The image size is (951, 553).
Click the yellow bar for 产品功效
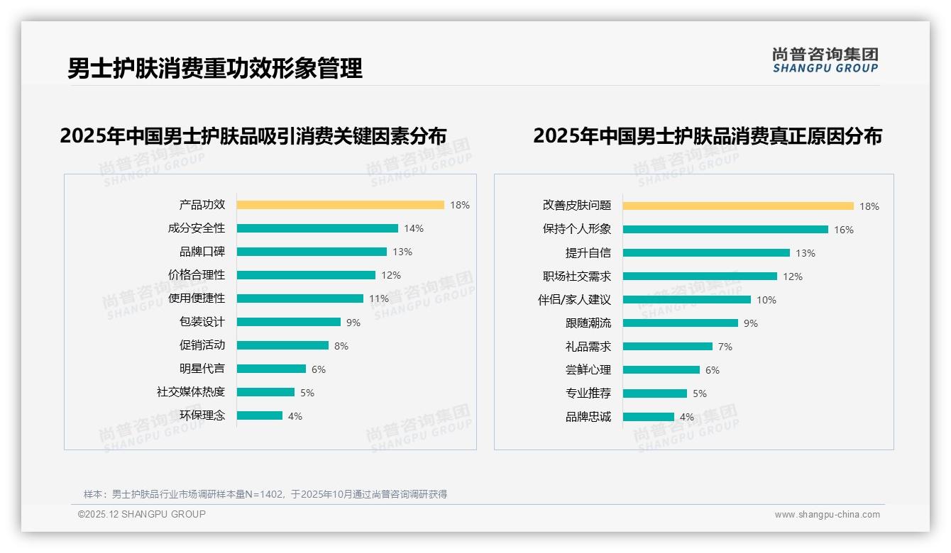coord(340,205)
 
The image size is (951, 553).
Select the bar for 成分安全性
coord(317,228)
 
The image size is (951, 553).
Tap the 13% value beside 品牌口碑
coord(402,252)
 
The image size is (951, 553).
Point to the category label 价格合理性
coord(197,275)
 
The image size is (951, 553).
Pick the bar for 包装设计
coord(289,322)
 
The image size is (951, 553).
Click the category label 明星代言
coord(202,369)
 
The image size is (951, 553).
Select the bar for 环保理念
coord(260,415)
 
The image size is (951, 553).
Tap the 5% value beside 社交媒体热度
coord(307,393)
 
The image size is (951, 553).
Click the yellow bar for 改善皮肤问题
coord(738,206)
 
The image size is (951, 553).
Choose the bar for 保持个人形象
coord(725,230)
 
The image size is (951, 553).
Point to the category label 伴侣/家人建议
coord(574,300)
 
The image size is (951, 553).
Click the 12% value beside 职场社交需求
coord(793,276)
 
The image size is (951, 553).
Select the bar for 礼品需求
coord(668,347)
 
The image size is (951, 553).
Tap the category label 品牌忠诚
coord(588,417)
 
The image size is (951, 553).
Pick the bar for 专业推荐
coord(655,393)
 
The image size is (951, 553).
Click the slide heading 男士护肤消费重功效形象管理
coord(215,68)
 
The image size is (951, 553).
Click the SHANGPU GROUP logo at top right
coord(825,60)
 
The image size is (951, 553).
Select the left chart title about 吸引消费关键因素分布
coord(253,135)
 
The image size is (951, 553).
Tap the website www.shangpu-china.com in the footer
coord(827,515)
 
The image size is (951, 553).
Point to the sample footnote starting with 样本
coord(265,494)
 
